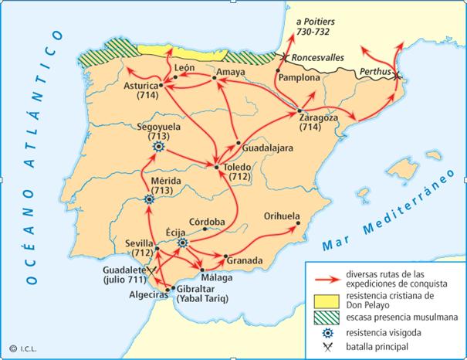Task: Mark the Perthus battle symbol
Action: [x=396, y=75]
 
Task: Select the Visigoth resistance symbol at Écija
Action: [x=183, y=243]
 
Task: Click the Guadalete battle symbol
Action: [x=154, y=267]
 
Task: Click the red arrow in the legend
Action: [x=322, y=276]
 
